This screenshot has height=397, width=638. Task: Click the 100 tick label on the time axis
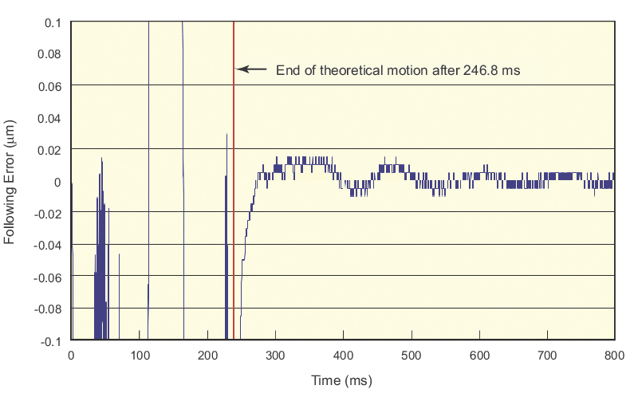(139, 355)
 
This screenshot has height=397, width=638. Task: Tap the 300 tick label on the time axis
(275, 355)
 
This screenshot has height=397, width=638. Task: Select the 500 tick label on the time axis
(412, 355)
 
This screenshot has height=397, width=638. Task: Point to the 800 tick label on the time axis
(615, 355)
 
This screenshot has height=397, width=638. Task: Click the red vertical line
(234, 120)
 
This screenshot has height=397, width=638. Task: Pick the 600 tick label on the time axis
(479, 355)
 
